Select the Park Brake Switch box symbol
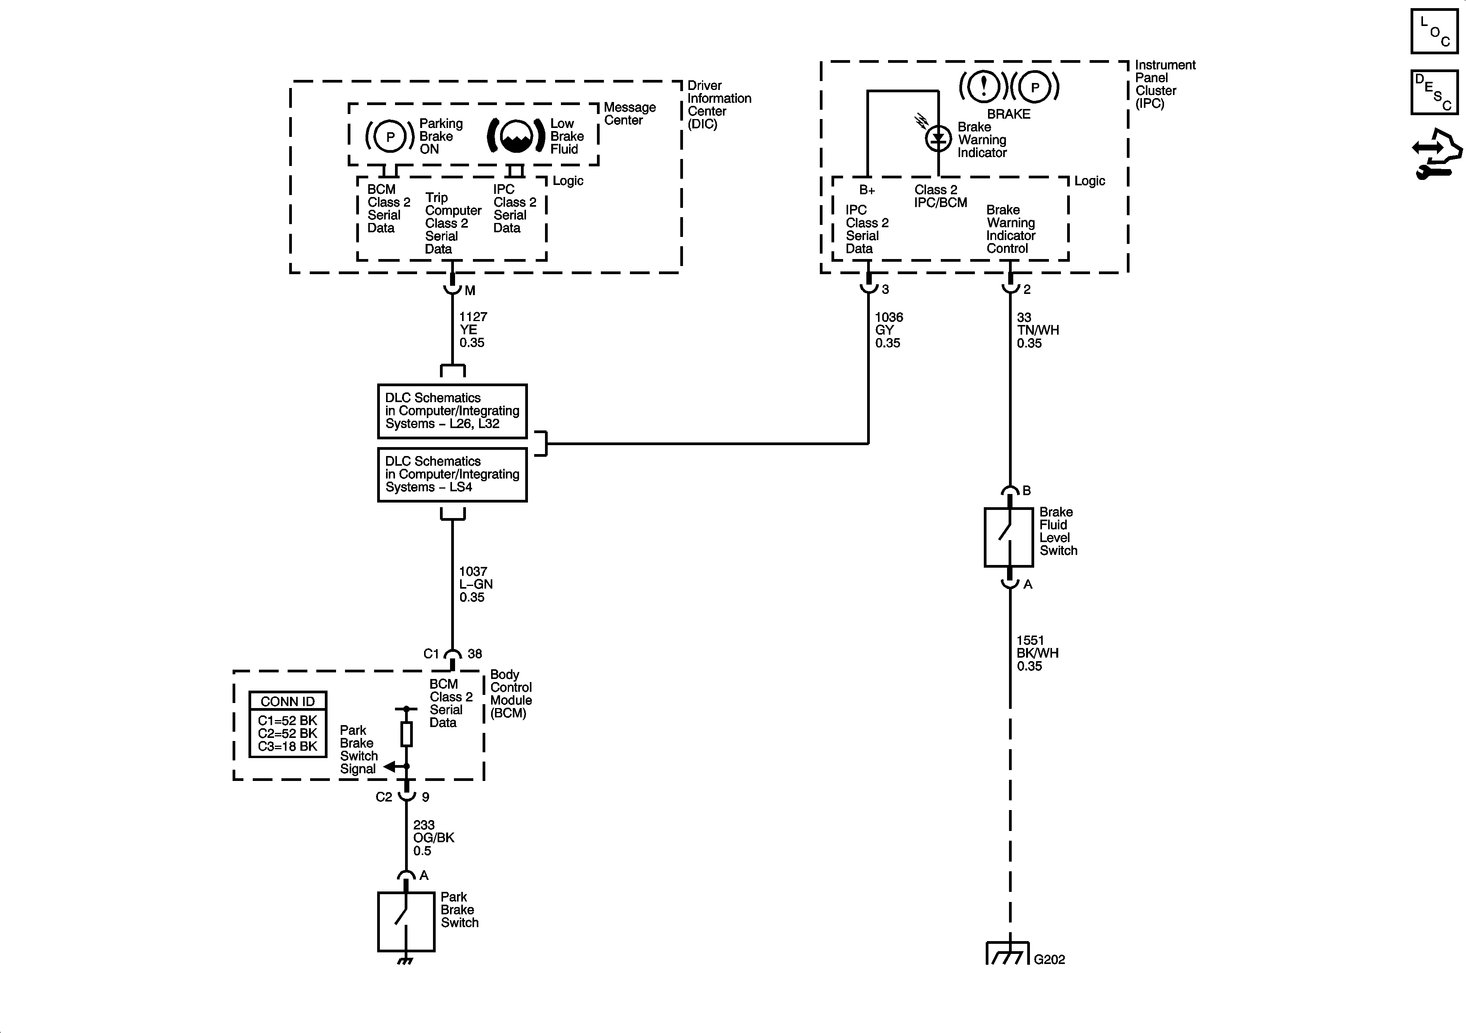[x=406, y=921]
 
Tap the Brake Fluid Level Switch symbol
[x=1009, y=537]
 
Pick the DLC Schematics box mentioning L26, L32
[x=452, y=411]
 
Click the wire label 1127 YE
[x=473, y=330]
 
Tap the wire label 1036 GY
[x=888, y=330]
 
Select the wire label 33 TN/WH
[x=1037, y=330]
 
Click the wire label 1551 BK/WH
[x=1037, y=653]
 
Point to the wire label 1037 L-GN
[x=476, y=584]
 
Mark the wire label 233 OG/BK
[x=433, y=838]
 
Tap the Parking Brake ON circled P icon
[x=390, y=136]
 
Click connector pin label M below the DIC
[x=470, y=291]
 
